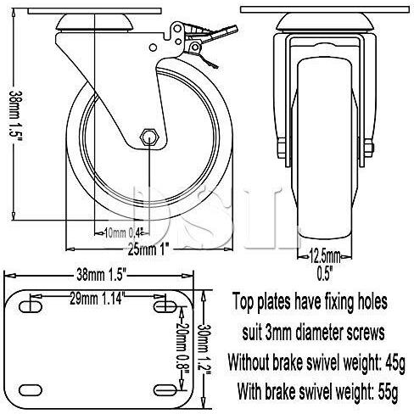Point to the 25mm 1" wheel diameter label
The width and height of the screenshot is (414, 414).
130,246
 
